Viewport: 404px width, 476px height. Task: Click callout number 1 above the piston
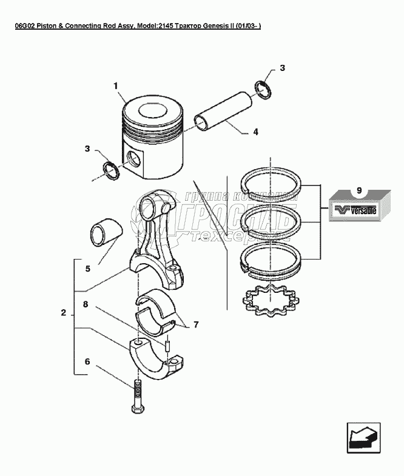[116, 87]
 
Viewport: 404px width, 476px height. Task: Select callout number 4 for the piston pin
[255, 132]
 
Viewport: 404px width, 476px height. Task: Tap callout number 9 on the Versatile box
[359, 191]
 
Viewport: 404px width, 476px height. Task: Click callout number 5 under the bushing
[88, 267]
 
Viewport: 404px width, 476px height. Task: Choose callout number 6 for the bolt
[87, 361]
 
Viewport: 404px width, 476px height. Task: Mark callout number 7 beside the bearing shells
[196, 325]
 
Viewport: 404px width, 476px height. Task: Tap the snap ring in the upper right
[263, 89]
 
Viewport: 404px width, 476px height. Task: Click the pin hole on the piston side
[136, 159]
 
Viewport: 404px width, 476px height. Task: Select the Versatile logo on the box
[355, 212]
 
